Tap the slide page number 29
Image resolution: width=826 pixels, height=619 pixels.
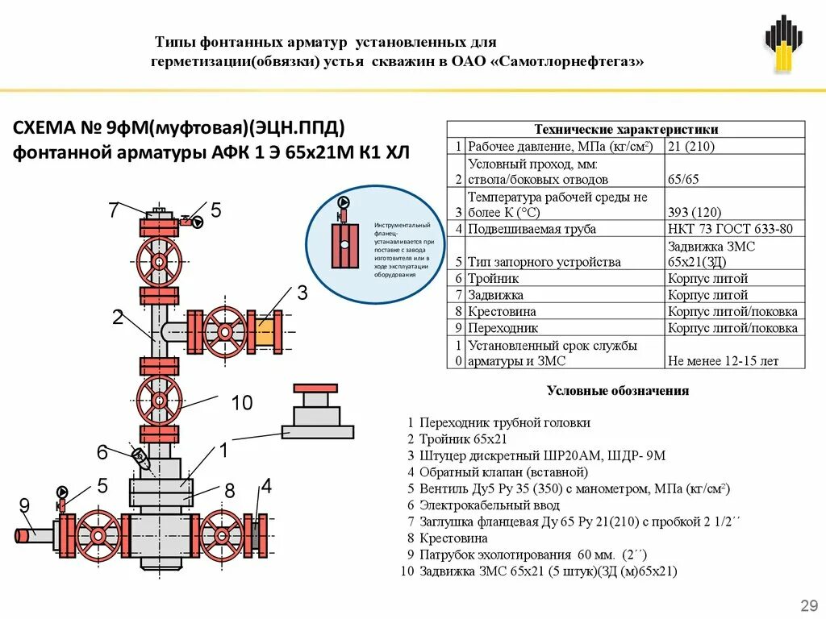(806, 605)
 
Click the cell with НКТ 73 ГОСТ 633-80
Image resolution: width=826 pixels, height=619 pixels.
(730, 229)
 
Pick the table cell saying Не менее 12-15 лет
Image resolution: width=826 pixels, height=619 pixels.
(723, 361)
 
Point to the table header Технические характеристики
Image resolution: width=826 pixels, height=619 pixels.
(626, 130)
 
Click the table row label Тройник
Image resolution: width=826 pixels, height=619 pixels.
(494, 278)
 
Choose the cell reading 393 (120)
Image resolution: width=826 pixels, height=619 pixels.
(690, 213)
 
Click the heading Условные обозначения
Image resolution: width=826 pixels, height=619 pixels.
(618, 391)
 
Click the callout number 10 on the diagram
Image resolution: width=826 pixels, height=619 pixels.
(242, 403)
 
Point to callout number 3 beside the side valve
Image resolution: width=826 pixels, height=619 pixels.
(302, 293)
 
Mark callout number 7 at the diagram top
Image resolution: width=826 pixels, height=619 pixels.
(114, 211)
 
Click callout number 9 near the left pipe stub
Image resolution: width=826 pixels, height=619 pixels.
(24, 506)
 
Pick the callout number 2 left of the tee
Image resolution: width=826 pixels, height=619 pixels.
(118, 318)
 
